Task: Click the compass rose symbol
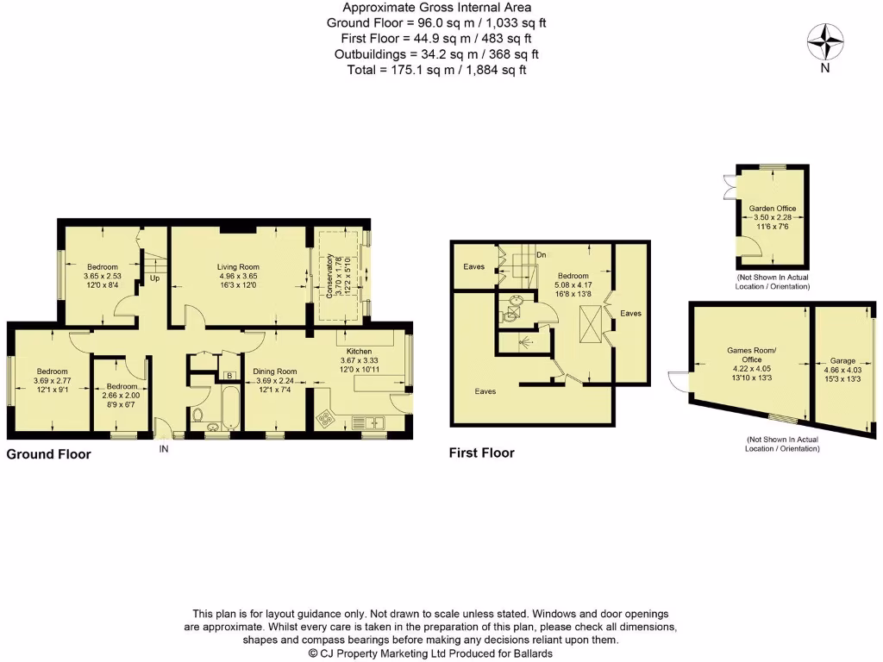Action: click(x=825, y=42)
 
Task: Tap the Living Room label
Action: click(x=238, y=267)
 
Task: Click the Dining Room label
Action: click(x=274, y=371)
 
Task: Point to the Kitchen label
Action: click(x=359, y=352)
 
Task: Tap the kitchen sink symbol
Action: click(x=372, y=422)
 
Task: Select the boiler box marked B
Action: click(x=229, y=375)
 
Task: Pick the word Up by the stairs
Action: click(x=155, y=278)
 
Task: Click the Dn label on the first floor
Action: click(x=541, y=255)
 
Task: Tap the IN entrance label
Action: click(x=164, y=449)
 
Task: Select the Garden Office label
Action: click(x=772, y=209)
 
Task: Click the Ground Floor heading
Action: click(x=49, y=453)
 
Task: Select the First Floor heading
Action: click(x=481, y=453)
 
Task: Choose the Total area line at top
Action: click(x=436, y=70)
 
